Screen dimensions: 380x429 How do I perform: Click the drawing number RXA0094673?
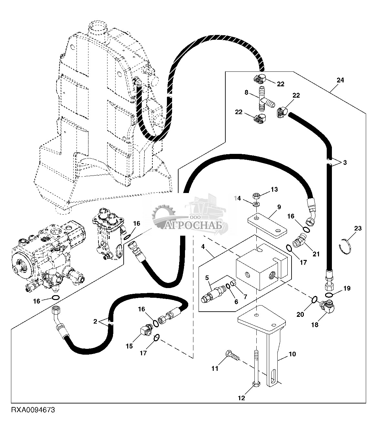tap(33, 416)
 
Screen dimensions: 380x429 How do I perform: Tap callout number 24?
tap(340, 80)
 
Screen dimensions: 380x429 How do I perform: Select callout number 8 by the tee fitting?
tap(246, 92)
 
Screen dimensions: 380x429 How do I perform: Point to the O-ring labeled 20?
tap(314, 300)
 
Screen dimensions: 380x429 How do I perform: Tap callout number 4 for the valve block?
tap(203, 247)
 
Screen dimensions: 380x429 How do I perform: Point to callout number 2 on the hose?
tap(95, 321)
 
